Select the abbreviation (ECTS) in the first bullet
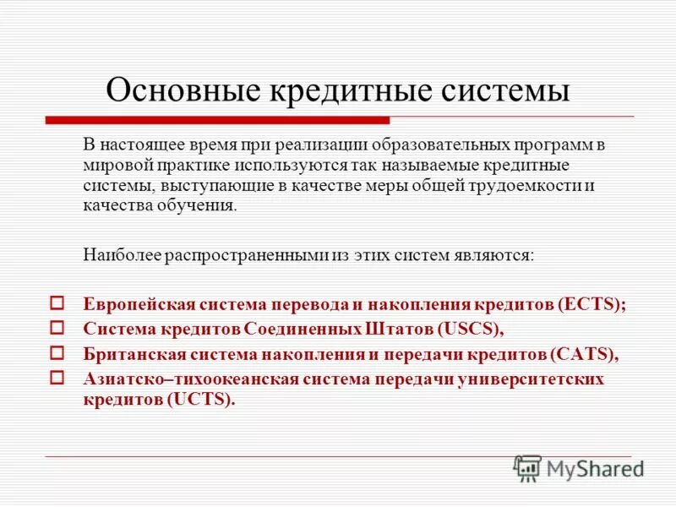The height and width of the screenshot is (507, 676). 592,304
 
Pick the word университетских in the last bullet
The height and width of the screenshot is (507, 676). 535,379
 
